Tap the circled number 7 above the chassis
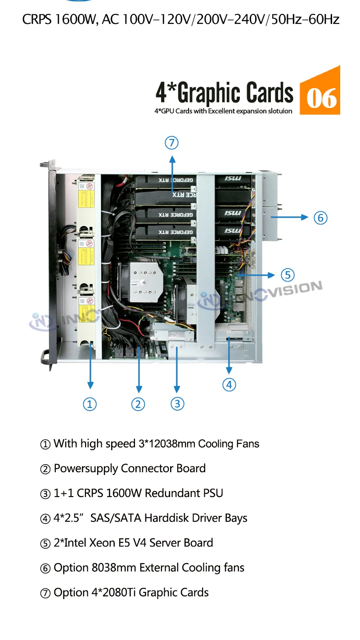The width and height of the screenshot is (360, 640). (171, 143)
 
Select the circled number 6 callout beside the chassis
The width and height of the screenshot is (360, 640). (320, 218)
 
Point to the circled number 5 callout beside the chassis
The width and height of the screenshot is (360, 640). (288, 274)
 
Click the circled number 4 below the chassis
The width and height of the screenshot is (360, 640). (229, 385)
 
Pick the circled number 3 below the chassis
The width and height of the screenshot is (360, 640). (177, 404)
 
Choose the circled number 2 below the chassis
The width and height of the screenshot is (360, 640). (138, 404)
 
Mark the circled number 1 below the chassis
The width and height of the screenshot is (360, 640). (90, 404)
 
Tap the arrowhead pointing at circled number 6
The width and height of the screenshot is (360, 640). (307, 218)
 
